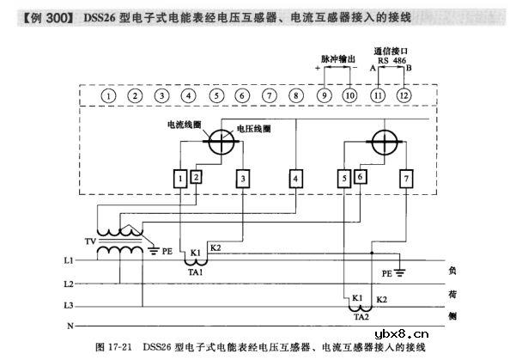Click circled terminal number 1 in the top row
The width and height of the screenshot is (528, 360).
[x=108, y=95]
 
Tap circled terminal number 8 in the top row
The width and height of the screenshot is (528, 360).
[x=296, y=95]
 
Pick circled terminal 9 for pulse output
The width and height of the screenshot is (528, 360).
[x=324, y=95]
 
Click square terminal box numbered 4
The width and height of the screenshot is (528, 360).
[x=296, y=179]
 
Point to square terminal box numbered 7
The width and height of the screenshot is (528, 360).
[x=406, y=179]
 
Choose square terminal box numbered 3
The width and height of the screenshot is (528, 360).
[x=244, y=179]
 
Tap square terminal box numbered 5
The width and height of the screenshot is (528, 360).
[x=343, y=179]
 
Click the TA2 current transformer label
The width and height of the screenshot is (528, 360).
[x=361, y=315]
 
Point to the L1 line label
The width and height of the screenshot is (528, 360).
[x=69, y=259]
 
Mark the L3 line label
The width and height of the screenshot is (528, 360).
[x=69, y=305]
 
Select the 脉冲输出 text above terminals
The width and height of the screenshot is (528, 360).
[x=337, y=59]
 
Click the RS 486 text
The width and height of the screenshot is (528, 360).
[x=391, y=60]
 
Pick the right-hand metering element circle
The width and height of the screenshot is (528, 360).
[x=384, y=139]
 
